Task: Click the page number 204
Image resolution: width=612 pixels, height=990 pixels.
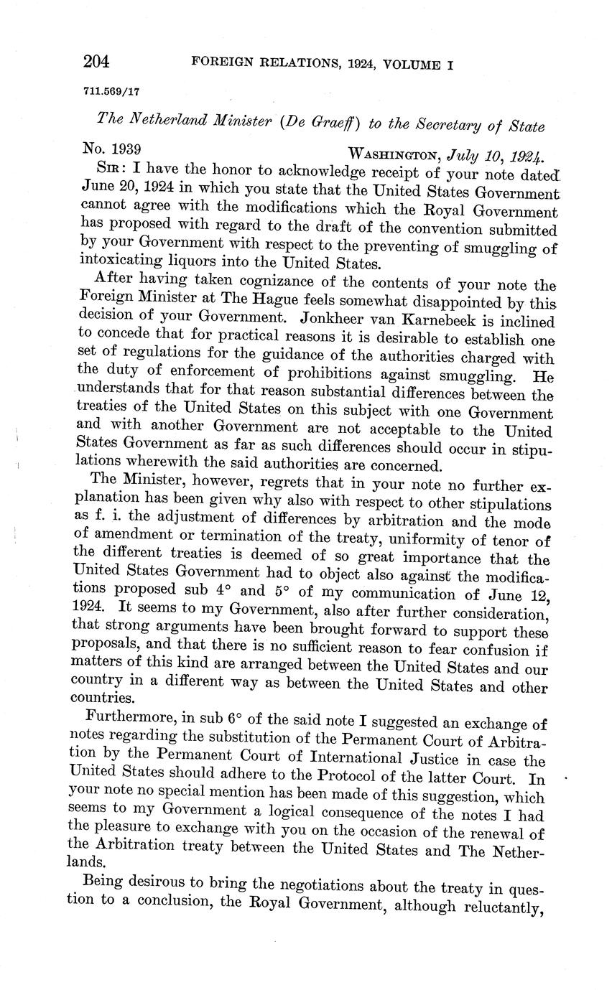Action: pos(96,62)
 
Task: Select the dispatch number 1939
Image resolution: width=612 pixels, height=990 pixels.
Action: pos(123,150)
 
